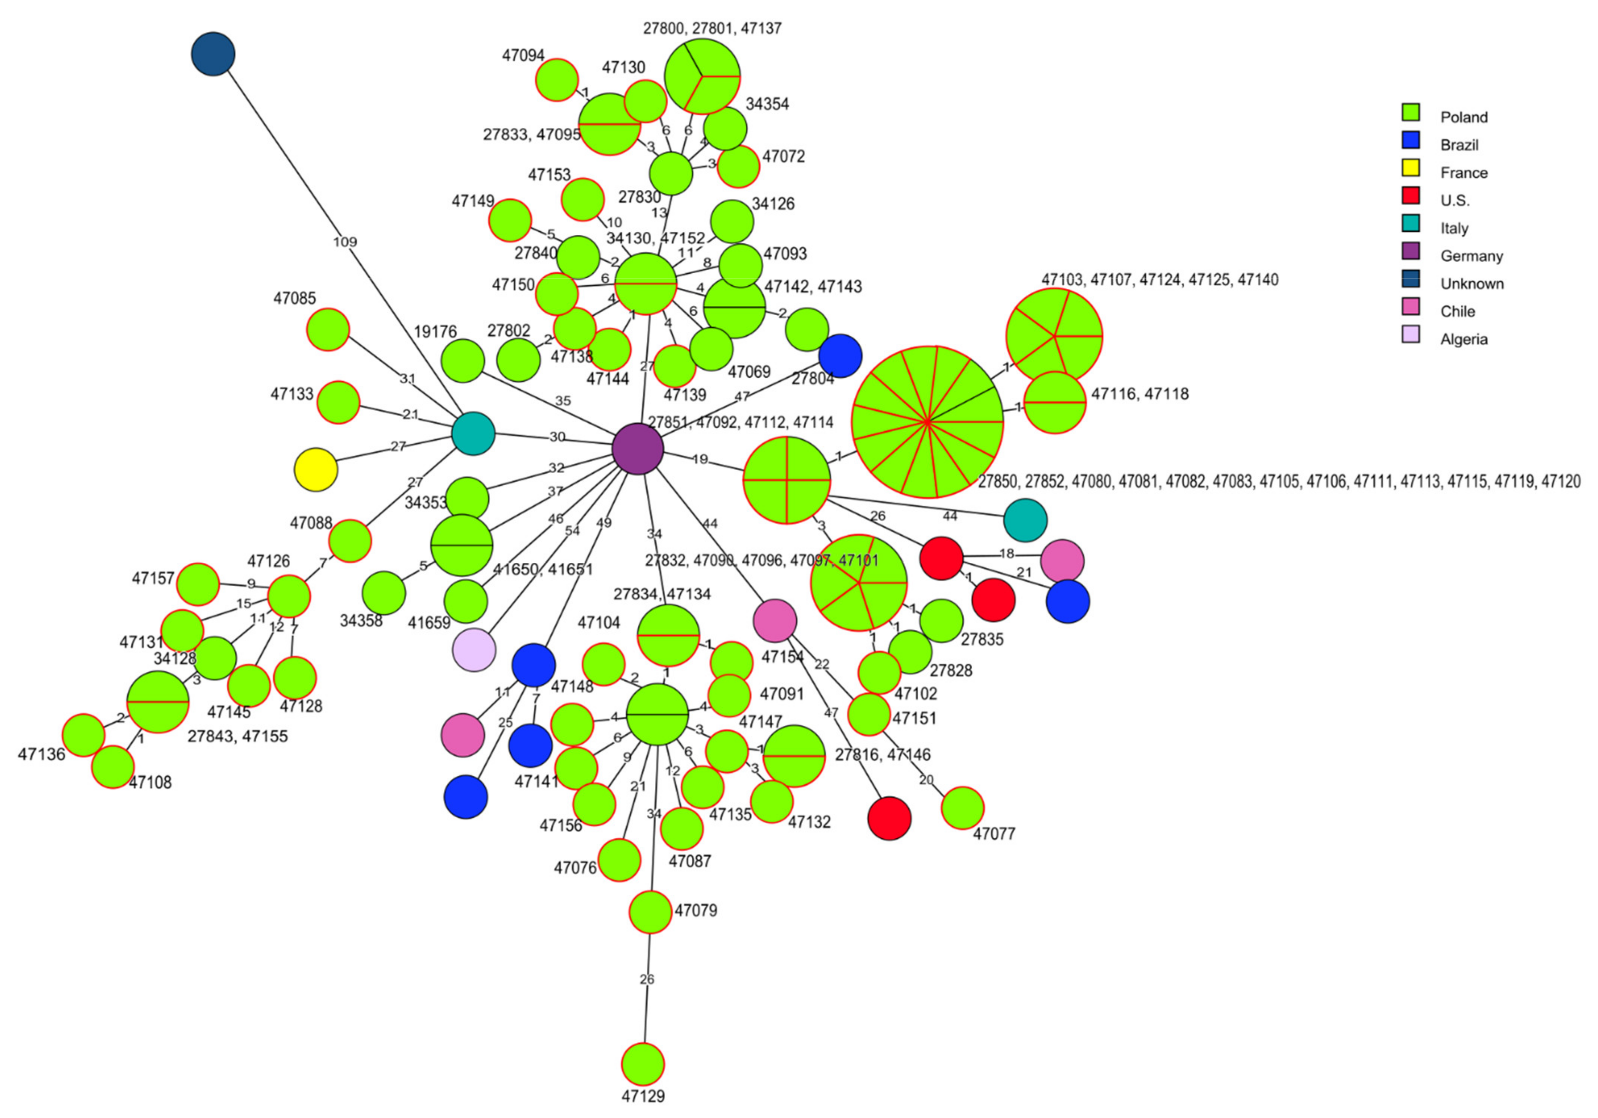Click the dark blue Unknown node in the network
pyautogui.click(x=213, y=54)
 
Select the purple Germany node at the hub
pyautogui.click(x=638, y=449)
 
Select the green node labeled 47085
pyautogui.click(x=328, y=329)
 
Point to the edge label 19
pyautogui.click(x=699, y=459)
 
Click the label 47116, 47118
pyautogui.click(x=1139, y=394)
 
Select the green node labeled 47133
pyautogui.click(x=338, y=402)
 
